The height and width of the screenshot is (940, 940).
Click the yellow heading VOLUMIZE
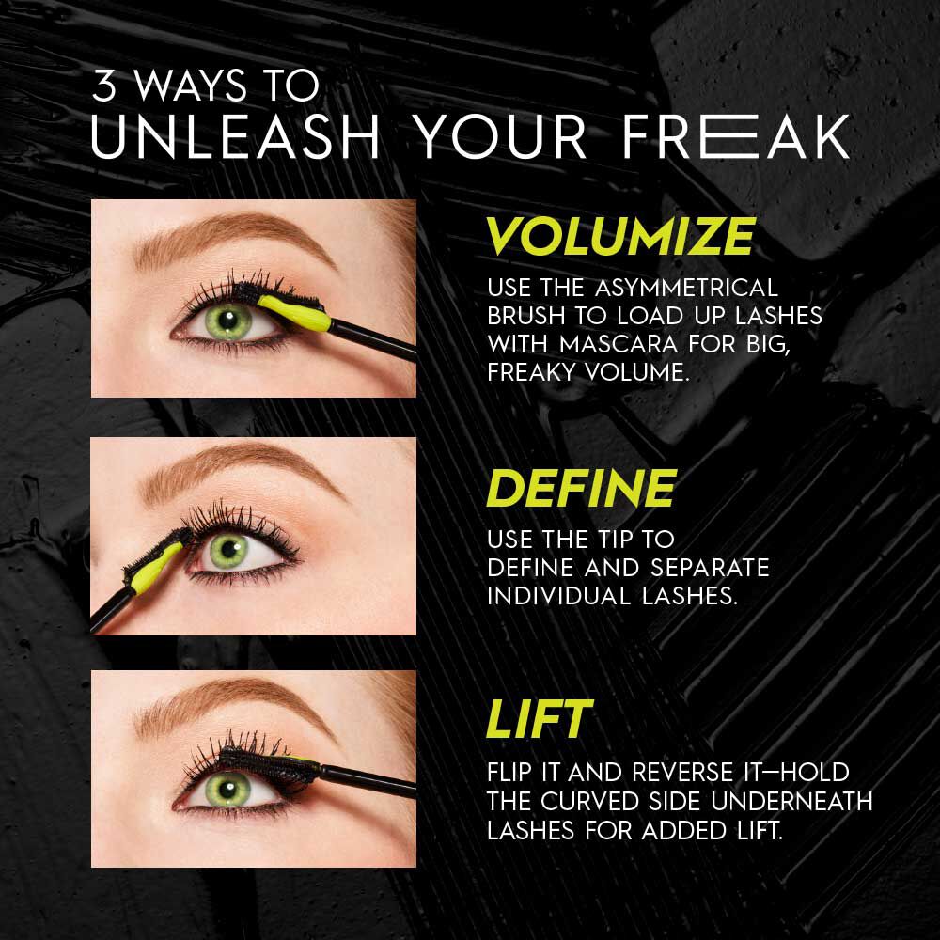620,237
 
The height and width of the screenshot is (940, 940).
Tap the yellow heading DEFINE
581,489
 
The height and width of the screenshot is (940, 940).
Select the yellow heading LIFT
538,719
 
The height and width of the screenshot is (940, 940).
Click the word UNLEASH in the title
235,137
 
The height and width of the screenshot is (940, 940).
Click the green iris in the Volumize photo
226,324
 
